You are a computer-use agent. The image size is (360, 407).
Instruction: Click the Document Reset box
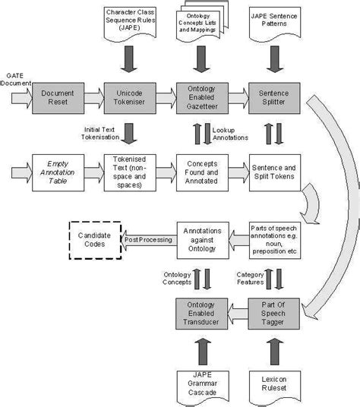[57, 97]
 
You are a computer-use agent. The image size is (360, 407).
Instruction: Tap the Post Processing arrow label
[149, 239]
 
